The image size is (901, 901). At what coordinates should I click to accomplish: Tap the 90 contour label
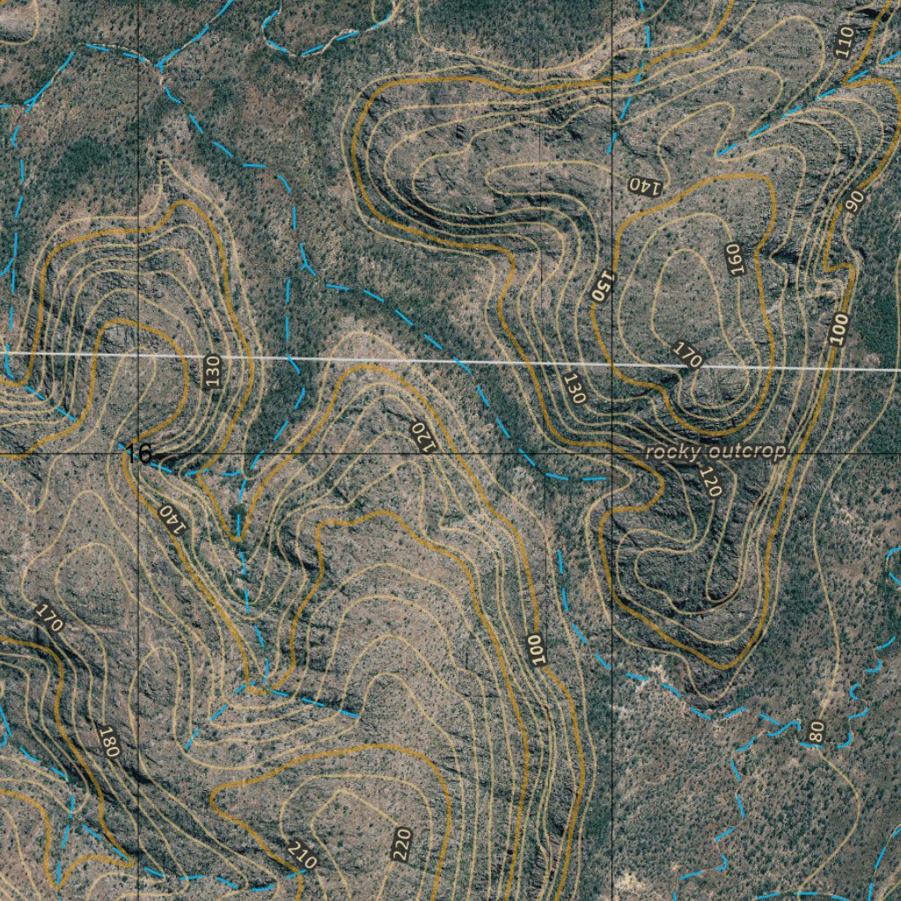click(x=853, y=201)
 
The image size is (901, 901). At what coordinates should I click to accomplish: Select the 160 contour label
click(x=735, y=259)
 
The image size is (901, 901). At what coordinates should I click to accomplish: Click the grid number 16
click(x=138, y=454)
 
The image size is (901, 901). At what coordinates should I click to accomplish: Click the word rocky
click(x=673, y=452)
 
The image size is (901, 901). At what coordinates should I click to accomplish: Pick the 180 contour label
click(x=108, y=743)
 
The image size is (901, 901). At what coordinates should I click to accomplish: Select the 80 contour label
click(x=816, y=729)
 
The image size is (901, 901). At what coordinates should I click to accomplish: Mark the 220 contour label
click(x=403, y=844)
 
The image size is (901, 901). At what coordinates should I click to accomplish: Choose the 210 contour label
click(x=301, y=854)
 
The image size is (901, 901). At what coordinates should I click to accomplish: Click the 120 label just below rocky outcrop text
click(x=710, y=481)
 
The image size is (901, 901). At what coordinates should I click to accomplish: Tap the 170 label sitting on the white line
click(x=688, y=355)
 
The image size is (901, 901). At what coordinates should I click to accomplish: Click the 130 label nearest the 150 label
click(x=574, y=387)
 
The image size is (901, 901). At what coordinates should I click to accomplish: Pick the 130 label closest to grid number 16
click(x=212, y=373)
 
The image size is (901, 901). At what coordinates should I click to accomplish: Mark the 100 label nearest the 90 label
click(x=839, y=329)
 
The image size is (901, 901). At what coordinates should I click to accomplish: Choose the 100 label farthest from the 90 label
click(x=535, y=648)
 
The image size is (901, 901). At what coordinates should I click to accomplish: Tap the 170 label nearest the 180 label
click(x=50, y=617)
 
